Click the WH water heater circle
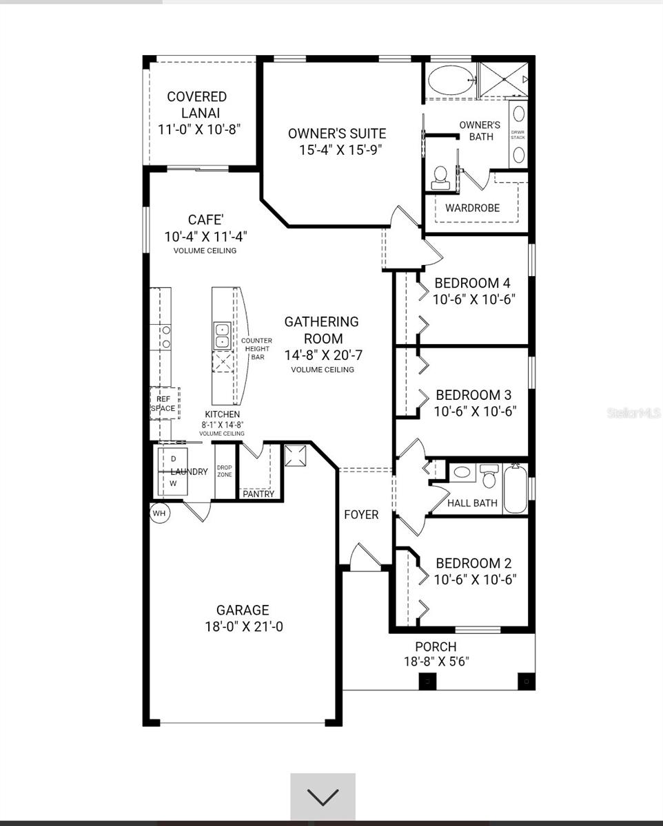(x=159, y=513)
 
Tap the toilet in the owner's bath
(x=440, y=178)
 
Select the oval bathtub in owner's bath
(x=450, y=80)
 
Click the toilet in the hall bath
(x=489, y=476)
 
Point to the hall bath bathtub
(x=515, y=489)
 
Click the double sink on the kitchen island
(x=222, y=336)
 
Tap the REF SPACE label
(x=163, y=404)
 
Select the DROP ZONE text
(x=225, y=471)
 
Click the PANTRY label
(x=258, y=494)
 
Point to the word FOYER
(x=361, y=515)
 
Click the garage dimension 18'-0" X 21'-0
(x=244, y=627)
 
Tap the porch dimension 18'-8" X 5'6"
(x=436, y=661)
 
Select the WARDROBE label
(x=472, y=208)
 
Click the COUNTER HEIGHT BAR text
(x=257, y=348)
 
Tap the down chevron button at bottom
(x=323, y=797)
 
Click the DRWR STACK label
(x=518, y=135)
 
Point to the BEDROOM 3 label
(x=473, y=395)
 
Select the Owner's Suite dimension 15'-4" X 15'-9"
(x=340, y=149)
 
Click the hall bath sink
(x=462, y=472)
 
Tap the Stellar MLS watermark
(x=634, y=413)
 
